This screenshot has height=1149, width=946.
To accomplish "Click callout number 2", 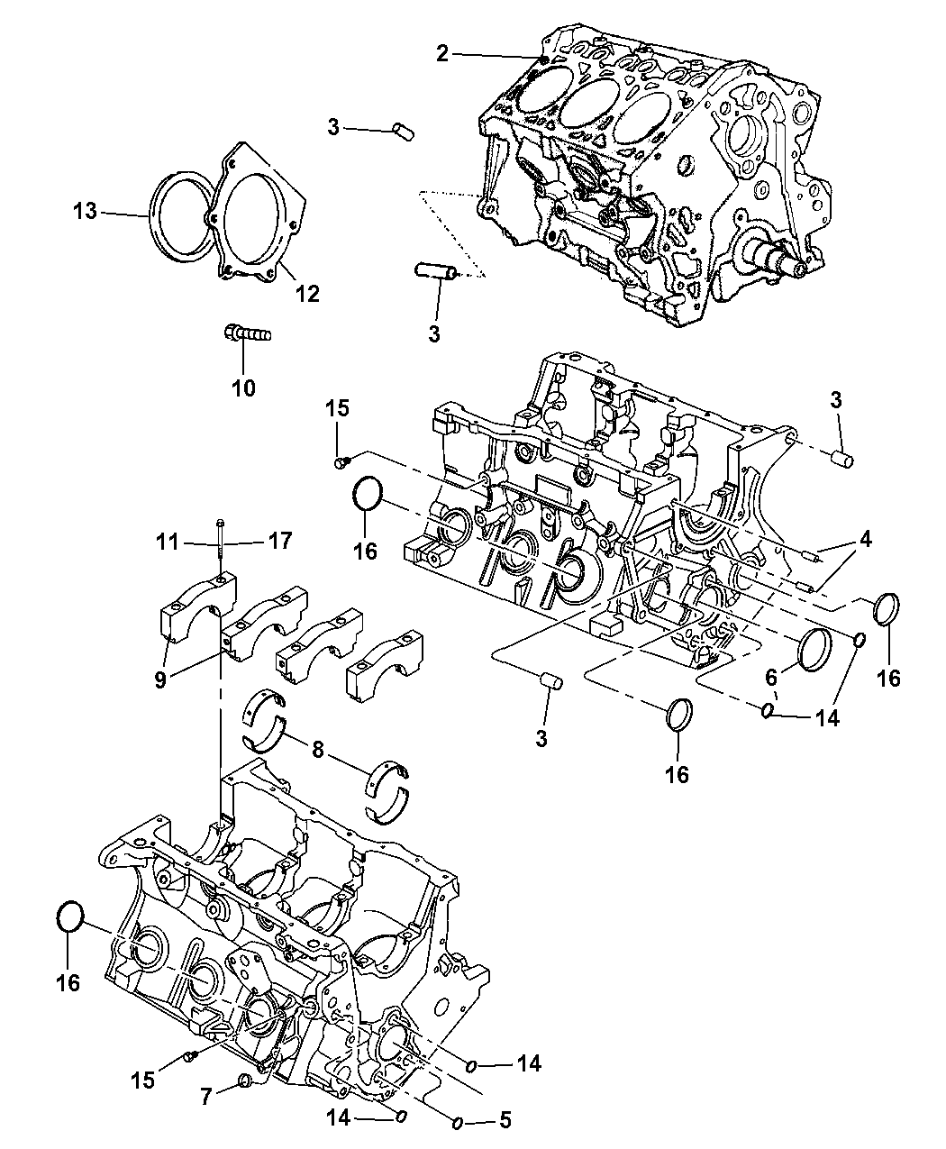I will pyautogui.click(x=441, y=54).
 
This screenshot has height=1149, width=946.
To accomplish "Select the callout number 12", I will pyautogui.click(x=307, y=293).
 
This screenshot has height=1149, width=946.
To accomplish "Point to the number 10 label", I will pyautogui.click(x=243, y=388).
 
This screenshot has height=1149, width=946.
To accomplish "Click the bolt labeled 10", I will pyautogui.click(x=246, y=335).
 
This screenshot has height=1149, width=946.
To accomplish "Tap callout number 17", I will pyautogui.click(x=279, y=542).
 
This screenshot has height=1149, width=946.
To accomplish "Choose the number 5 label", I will pyautogui.click(x=505, y=1121).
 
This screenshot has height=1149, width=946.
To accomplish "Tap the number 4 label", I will pyautogui.click(x=865, y=541).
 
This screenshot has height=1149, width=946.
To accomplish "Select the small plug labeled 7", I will pyautogui.click(x=243, y=1081).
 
